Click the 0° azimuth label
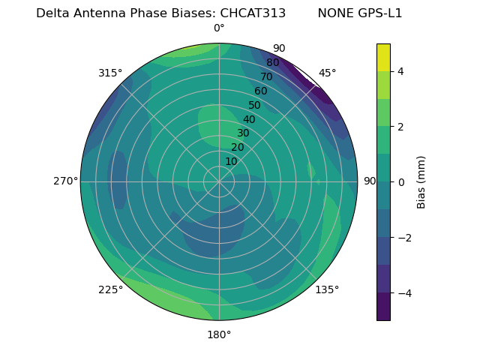point(219,28)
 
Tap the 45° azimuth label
point(327,73)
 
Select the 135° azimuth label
point(327,289)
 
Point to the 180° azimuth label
point(219,334)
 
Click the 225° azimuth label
point(110,289)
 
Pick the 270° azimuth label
point(65,181)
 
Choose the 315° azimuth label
point(110,73)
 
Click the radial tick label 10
point(231,161)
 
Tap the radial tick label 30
point(243,133)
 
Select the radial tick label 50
point(254,106)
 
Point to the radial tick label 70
point(266,77)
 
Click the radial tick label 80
point(272,63)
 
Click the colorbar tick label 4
point(401,71)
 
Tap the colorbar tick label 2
point(401,127)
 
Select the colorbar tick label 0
point(401,182)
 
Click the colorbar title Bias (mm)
point(421,182)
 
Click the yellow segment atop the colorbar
point(383,58)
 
